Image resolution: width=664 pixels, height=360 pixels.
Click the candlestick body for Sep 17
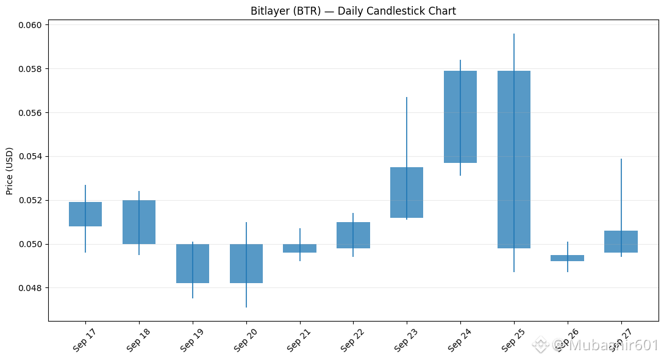(85, 214)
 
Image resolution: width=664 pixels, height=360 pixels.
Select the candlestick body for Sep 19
(193, 264)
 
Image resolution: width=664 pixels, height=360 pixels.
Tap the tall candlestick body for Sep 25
(513, 159)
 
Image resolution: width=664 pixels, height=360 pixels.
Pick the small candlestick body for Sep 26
(568, 258)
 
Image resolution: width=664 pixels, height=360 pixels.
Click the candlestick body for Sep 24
(460, 117)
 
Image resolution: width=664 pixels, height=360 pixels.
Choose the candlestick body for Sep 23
(407, 192)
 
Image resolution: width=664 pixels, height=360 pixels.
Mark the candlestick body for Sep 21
(300, 248)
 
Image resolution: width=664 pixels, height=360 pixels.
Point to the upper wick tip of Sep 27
(621, 159)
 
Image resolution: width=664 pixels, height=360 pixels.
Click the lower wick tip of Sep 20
(246, 307)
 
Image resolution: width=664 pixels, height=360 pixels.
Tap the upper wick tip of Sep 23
(407, 98)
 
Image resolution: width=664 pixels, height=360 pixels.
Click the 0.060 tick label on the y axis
(30, 25)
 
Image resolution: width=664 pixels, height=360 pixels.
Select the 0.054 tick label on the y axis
(30, 157)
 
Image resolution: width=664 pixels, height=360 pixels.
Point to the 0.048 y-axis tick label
(30, 288)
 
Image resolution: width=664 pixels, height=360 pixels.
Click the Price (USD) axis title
(10, 171)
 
